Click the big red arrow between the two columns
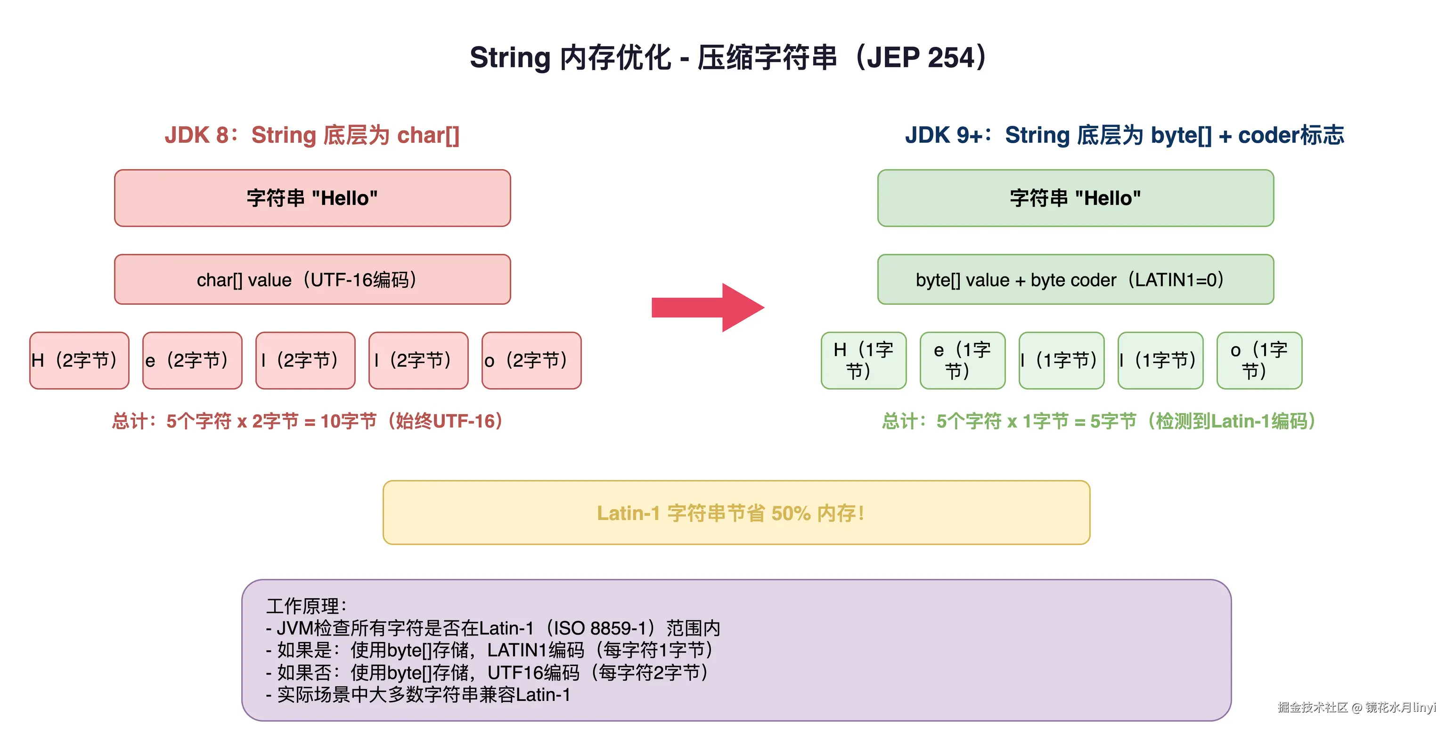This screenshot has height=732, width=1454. [x=708, y=308]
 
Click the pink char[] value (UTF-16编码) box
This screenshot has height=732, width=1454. [x=312, y=279]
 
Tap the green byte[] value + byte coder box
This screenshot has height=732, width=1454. [x=1075, y=279]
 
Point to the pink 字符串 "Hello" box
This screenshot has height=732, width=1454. [x=312, y=198]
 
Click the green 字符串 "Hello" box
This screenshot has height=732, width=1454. [x=1075, y=198]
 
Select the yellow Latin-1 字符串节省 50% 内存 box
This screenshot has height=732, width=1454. [x=736, y=512]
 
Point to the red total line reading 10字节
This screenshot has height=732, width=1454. [x=308, y=421]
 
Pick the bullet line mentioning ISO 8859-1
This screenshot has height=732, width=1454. [x=492, y=628]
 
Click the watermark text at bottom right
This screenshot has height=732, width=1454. [x=1356, y=707]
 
